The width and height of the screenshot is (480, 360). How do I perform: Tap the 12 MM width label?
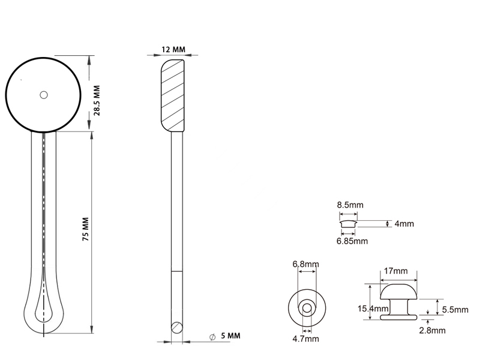pyautogui.click(x=173, y=49)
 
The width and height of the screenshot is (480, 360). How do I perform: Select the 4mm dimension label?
pyautogui.click(x=405, y=224)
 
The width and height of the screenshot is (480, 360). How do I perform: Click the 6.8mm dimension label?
pyautogui.click(x=305, y=264)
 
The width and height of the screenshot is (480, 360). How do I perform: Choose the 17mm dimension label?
pyautogui.click(x=395, y=271)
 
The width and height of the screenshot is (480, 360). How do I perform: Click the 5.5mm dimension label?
pyautogui.click(x=455, y=310)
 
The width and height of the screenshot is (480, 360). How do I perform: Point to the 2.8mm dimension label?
pyautogui.click(x=432, y=330)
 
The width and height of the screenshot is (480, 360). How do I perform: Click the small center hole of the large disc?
pyautogui.click(x=43, y=94)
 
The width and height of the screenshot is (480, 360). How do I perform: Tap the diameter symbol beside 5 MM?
pyautogui.click(x=213, y=337)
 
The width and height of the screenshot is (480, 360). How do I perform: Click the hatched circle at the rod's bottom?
pyautogui.click(x=176, y=326)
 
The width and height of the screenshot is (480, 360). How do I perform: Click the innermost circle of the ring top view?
pyautogui.click(x=307, y=308)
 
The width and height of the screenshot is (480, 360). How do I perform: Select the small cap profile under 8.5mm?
pyautogui.click(x=347, y=223)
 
